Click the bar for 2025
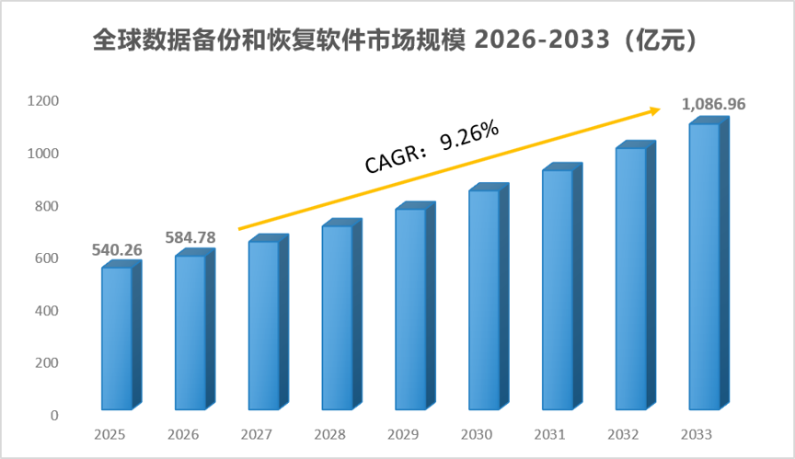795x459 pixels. pyautogui.click(x=121, y=336)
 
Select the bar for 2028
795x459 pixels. pyautogui.click(x=341, y=314)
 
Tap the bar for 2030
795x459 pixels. pyautogui.click(x=489, y=297)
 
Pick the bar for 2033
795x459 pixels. pyautogui.click(x=709, y=263)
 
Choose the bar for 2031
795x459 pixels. pyautogui.click(x=562, y=287)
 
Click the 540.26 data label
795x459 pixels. pyautogui.click(x=117, y=250)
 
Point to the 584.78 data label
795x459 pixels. pyautogui.click(x=190, y=237)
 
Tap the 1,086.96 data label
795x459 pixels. pyautogui.click(x=713, y=104)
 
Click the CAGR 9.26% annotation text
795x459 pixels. pyautogui.click(x=432, y=147)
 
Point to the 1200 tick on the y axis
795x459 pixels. pyautogui.click(x=42, y=101)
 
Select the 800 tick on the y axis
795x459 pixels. pyautogui.click(x=47, y=206)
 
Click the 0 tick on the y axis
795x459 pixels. pyautogui.click(x=55, y=416)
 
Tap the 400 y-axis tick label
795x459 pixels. pyautogui.click(x=47, y=311)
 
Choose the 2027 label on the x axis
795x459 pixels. pyautogui.click(x=256, y=435)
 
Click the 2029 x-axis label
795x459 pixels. pyautogui.click(x=403, y=435)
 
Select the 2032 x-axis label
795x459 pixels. pyautogui.click(x=623, y=435)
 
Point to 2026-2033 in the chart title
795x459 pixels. pyautogui.click(x=542, y=40)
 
